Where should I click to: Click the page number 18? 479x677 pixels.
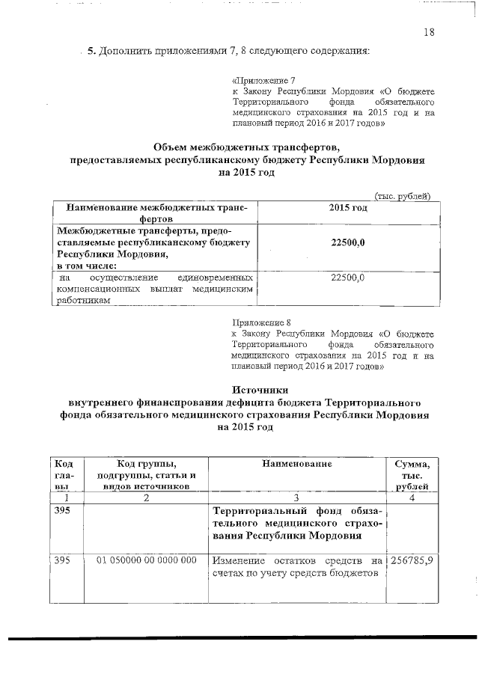click(x=428, y=32)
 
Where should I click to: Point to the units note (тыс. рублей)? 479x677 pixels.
click(x=402, y=196)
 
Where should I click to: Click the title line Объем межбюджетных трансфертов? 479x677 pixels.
click(x=246, y=147)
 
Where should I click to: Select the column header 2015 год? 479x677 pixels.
click(x=348, y=206)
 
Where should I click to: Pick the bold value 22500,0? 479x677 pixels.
click(x=347, y=244)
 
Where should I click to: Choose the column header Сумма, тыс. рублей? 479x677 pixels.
click(x=411, y=476)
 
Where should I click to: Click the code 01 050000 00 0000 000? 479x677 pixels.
click(x=147, y=560)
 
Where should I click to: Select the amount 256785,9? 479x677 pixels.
click(x=411, y=560)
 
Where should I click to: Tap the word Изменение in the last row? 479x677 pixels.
click(x=239, y=560)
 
